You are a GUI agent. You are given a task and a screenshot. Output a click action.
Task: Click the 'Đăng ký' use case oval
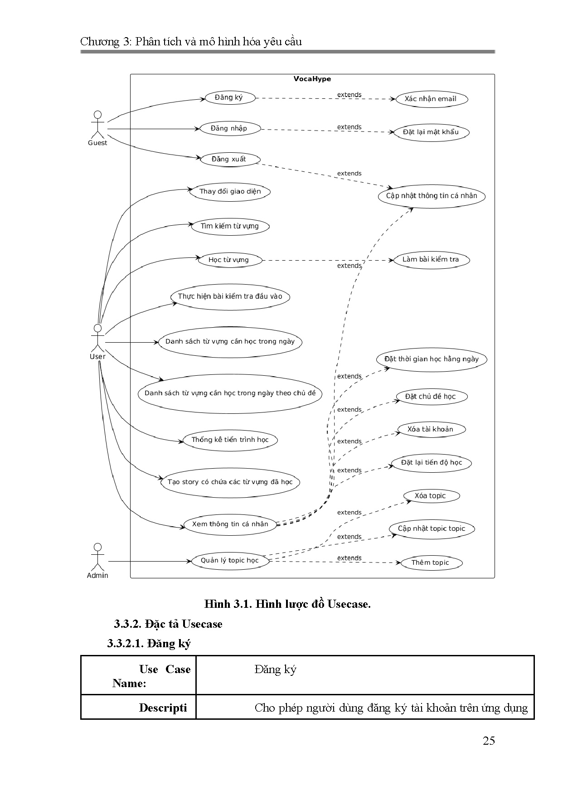[x=229, y=97]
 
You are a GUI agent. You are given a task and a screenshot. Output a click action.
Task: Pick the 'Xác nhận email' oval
[x=431, y=99]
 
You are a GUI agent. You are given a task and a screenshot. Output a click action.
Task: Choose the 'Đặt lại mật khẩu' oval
[x=431, y=132]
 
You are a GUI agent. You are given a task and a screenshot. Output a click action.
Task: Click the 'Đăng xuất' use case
[x=229, y=159]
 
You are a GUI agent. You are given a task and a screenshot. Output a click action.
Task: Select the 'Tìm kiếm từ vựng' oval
[x=230, y=226]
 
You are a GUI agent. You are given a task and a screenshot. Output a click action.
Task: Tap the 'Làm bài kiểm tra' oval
[x=431, y=260]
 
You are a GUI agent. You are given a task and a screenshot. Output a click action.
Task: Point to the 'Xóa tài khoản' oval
[x=430, y=429]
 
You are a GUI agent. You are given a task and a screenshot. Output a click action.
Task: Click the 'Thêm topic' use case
[x=430, y=562]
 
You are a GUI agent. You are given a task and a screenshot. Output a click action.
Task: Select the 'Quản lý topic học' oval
[x=230, y=560]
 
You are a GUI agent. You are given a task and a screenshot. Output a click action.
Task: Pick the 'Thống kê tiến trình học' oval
[x=230, y=440]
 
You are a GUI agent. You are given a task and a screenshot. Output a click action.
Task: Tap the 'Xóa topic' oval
[x=430, y=496]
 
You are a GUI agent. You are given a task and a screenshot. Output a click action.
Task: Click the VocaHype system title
[x=312, y=79]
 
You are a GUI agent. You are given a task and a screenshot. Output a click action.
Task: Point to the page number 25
[x=489, y=741]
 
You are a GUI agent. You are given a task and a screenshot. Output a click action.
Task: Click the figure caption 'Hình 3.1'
[x=287, y=604]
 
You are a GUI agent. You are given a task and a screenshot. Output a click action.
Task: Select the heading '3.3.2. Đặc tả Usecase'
[x=168, y=624]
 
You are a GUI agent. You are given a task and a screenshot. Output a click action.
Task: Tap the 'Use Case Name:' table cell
[x=138, y=676]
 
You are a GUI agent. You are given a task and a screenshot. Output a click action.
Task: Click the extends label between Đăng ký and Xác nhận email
[x=349, y=95]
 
